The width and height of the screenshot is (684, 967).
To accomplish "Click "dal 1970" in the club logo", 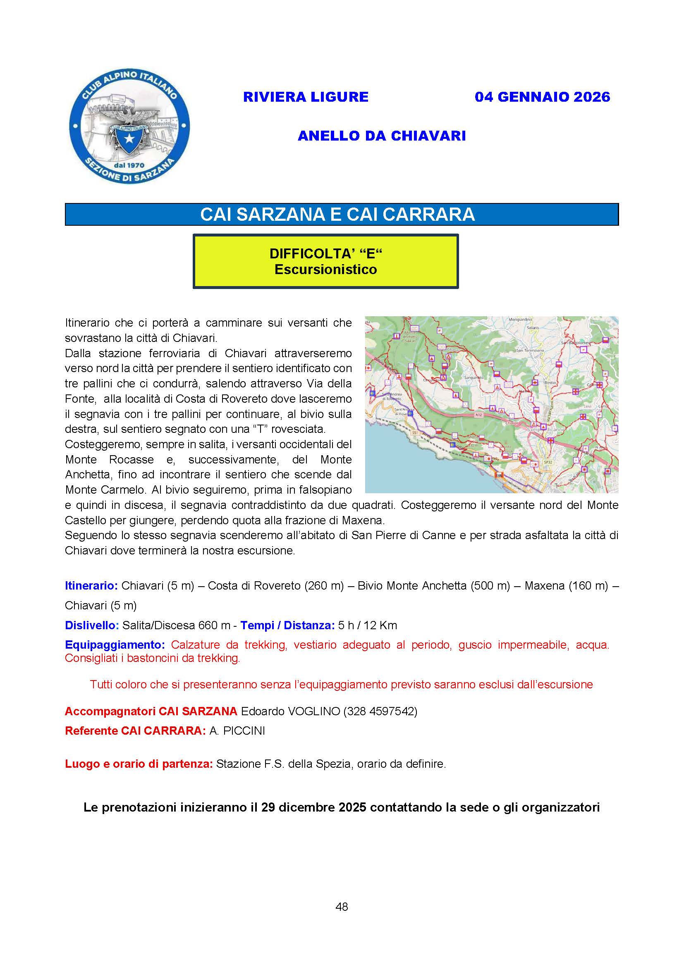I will coord(129,165).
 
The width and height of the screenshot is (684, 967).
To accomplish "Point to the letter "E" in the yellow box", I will coord(371,253).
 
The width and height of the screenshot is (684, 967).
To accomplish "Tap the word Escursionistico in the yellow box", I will coord(325,269).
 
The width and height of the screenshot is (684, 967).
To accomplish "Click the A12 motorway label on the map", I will coord(478,415).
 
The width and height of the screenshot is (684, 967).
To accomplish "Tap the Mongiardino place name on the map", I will coord(521,319).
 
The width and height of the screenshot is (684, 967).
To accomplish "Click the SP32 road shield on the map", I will coord(548,462).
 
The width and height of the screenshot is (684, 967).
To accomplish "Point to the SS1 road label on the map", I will coord(415,432).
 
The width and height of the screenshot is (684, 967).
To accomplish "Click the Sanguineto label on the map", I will coord(474,377).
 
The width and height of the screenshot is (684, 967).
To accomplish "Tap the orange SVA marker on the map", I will coord(500,475).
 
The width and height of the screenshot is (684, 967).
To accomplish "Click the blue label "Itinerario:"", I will coord(91,585).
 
